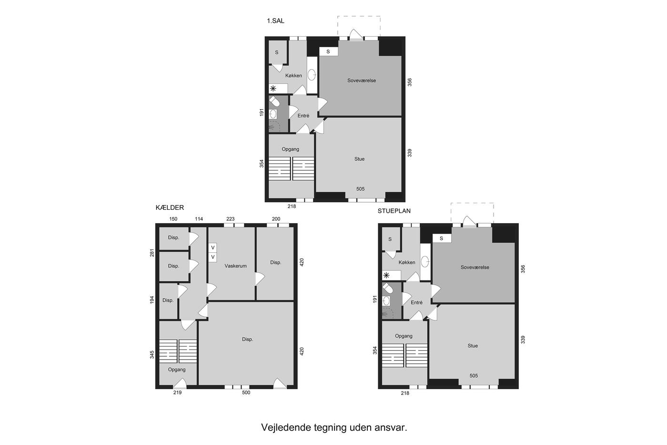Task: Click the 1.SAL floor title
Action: (275, 21)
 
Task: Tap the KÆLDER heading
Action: (170, 208)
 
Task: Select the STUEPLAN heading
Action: (394, 211)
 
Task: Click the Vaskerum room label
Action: (235, 266)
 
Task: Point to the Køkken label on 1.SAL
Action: (293, 76)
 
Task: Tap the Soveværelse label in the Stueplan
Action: (475, 268)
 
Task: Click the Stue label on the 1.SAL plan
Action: (359, 159)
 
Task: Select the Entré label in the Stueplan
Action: (416, 302)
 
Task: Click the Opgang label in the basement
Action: (177, 370)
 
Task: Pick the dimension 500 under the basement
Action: (246, 393)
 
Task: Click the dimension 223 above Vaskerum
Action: (230, 219)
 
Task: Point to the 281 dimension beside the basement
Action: (152, 253)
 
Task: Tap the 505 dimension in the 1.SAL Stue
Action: (360, 189)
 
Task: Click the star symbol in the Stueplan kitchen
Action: (386, 275)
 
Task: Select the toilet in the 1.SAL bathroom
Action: (274, 102)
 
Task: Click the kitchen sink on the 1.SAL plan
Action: (312, 75)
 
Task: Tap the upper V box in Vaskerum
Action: (212, 248)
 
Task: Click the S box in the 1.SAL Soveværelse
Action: (328, 52)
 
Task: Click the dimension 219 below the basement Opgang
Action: (177, 393)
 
